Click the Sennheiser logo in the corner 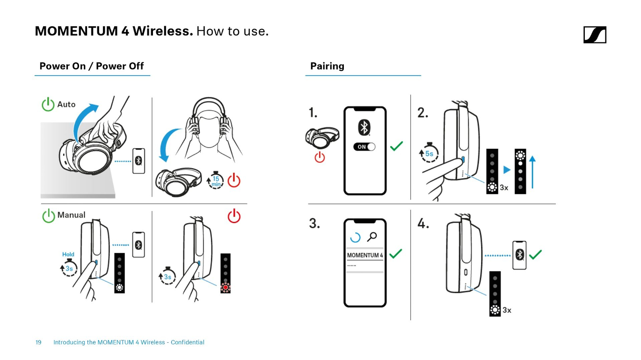pos(595,35)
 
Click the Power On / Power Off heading pos(91,66)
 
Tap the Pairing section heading pos(327,66)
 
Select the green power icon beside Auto pos(48,104)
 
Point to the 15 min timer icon pos(216,180)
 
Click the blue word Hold pos(68,254)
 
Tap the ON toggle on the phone pos(364,147)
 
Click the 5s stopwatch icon pos(429,153)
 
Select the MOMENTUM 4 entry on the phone pos(365,255)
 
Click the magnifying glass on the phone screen pos(372,237)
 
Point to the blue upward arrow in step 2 pos(532,172)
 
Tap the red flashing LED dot pos(226,287)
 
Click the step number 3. pos(314,223)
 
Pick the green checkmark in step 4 pos(535,254)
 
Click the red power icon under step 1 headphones pos(320,157)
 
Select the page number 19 pos(38,342)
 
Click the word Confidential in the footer pos(188,342)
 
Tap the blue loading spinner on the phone pos(355,237)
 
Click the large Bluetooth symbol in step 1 pos(364,128)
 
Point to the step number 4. pos(423,223)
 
